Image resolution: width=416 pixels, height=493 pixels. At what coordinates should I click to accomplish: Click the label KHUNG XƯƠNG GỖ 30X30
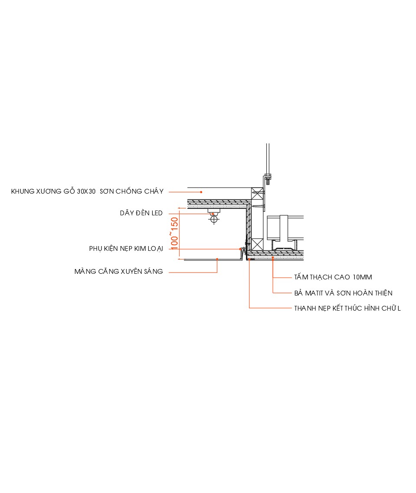pyautogui.click(x=53, y=191)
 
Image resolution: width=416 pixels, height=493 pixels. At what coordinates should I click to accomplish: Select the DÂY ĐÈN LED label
pyautogui.click(x=141, y=213)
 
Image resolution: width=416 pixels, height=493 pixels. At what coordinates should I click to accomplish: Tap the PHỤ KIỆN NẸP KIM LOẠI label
pyautogui.click(x=126, y=249)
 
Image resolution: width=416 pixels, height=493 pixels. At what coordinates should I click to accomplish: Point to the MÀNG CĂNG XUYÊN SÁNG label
pyautogui.click(x=118, y=272)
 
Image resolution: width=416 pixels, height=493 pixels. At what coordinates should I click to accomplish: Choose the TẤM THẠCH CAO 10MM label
pyautogui.click(x=333, y=277)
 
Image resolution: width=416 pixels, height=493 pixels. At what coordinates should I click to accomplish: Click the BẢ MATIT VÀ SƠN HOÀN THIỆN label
pyautogui.click(x=343, y=293)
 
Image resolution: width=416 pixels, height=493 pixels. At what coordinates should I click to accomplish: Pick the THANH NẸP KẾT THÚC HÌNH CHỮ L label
pyautogui.click(x=347, y=308)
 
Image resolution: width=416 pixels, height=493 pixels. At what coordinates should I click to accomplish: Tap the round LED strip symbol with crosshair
pyautogui.click(x=213, y=219)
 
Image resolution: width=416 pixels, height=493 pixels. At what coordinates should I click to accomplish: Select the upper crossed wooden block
pyautogui.click(x=258, y=193)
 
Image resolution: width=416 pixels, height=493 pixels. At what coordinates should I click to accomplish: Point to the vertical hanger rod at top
pyautogui.click(x=267, y=158)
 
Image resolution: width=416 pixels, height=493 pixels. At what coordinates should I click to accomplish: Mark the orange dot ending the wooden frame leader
pyautogui.click(x=201, y=191)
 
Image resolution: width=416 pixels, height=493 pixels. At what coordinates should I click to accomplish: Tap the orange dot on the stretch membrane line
pyautogui.click(x=217, y=259)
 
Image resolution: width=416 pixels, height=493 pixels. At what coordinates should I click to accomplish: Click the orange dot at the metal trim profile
pyautogui.click(x=240, y=249)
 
